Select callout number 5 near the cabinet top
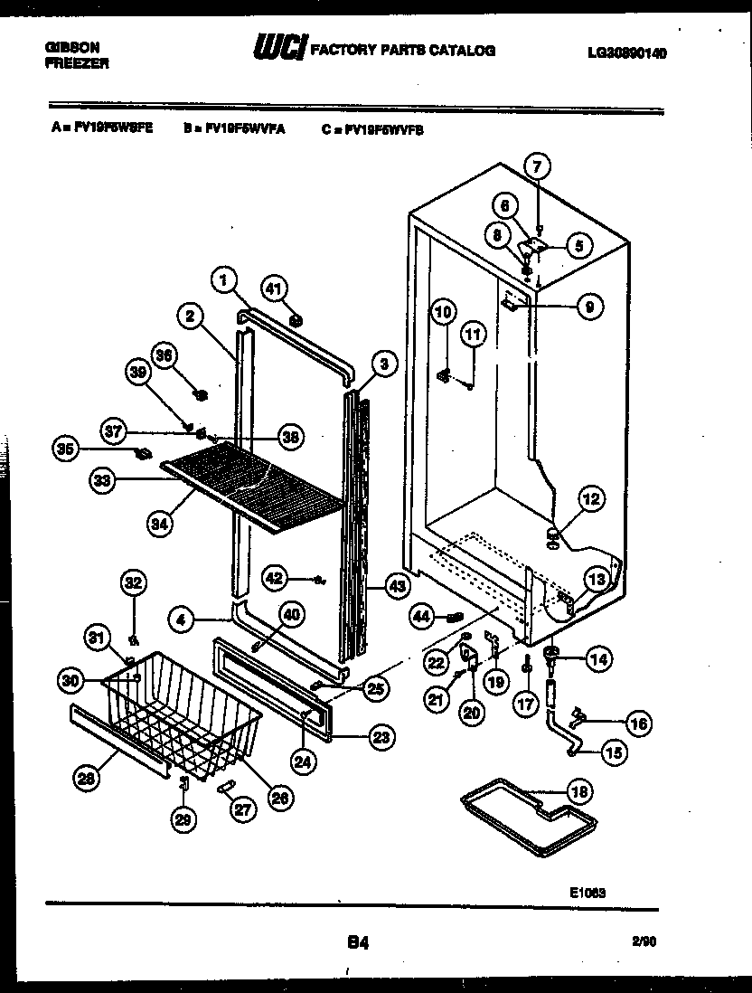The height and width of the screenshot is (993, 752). pyautogui.click(x=578, y=242)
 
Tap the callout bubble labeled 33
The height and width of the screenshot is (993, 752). pyautogui.click(x=103, y=483)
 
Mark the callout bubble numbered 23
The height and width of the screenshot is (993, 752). pyautogui.click(x=381, y=738)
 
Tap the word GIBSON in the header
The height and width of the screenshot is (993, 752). pyautogui.click(x=72, y=47)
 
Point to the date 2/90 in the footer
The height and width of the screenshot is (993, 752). pyautogui.click(x=644, y=941)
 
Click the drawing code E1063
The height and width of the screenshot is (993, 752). pyautogui.click(x=587, y=892)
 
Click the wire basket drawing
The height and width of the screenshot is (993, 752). pyautogui.click(x=181, y=714)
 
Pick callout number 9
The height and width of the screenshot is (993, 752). pyautogui.click(x=589, y=307)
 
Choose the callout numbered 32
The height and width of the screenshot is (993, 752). pyautogui.click(x=133, y=583)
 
